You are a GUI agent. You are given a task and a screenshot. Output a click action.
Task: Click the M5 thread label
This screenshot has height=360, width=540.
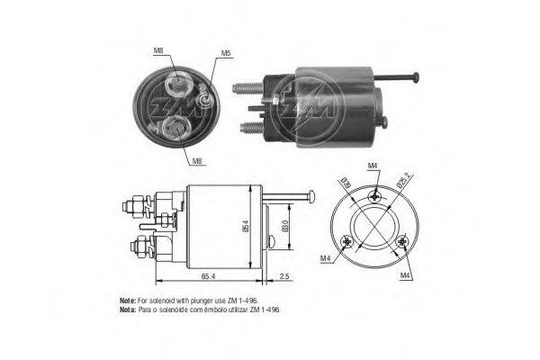[x=227, y=52]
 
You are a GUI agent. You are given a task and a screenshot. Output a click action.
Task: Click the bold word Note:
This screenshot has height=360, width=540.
[x=128, y=299]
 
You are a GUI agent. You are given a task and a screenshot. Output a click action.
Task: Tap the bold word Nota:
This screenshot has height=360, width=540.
[x=128, y=308]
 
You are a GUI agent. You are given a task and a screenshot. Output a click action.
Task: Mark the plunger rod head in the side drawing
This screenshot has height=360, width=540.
[x=311, y=196]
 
